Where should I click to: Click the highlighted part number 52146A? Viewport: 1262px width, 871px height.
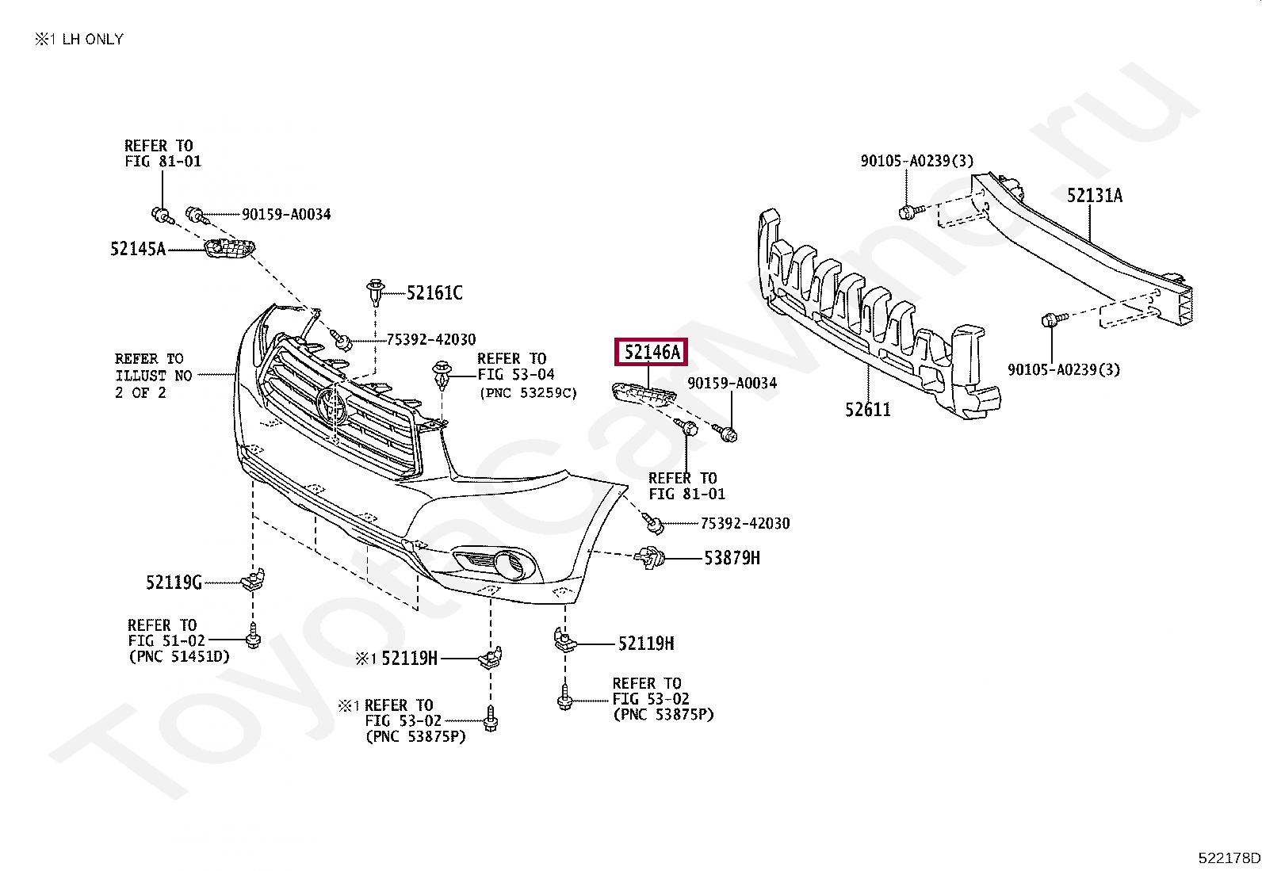click(x=651, y=352)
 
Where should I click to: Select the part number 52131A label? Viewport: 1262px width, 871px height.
click(x=1094, y=196)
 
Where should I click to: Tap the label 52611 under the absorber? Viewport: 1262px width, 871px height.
click(x=867, y=410)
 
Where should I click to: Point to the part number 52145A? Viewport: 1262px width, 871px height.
click(x=138, y=250)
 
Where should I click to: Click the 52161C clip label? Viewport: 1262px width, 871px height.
click(x=434, y=293)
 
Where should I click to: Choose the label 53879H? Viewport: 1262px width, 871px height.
click(x=732, y=558)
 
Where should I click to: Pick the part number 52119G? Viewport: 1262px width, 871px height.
click(x=174, y=583)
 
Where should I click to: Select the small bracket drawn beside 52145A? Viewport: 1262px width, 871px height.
click(x=229, y=248)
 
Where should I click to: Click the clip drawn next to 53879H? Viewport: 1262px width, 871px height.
click(x=649, y=558)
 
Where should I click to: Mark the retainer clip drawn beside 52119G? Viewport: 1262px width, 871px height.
click(x=253, y=580)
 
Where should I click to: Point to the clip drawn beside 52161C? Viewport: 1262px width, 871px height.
click(x=374, y=292)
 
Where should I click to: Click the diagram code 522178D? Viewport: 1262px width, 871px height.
click(x=1229, y=858)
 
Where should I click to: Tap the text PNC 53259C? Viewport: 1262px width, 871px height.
click(x=528, y=392)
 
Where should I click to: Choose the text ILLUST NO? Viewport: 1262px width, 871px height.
click(x=154, y=376)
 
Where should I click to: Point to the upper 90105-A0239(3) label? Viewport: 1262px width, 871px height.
click(x=917, y=161)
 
